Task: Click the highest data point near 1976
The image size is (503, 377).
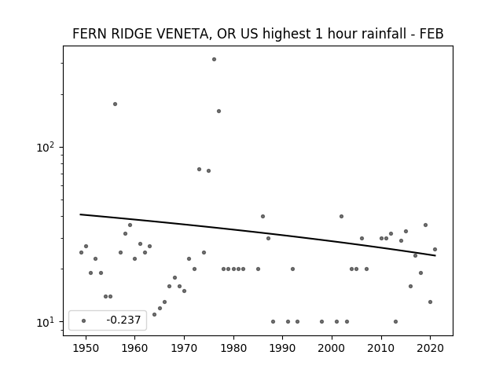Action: (x=214, y=60)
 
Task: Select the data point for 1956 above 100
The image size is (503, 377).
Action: (x=116, y=104)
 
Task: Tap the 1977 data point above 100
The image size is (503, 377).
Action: (x=218, y=112)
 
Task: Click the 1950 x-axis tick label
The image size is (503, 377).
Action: (x=86, y=348)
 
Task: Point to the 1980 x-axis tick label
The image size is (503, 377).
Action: (x=233, y=348)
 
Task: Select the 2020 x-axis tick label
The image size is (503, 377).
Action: (x=431, y=348)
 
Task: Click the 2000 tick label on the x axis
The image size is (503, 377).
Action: (x=332, y=348)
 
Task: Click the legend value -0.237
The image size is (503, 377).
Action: (x=123, y=320)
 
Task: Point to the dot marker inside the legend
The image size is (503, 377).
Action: (x=84, y=320)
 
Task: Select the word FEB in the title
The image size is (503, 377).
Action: (x=431, y=33)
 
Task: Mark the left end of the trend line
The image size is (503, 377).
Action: (x=80, y=214)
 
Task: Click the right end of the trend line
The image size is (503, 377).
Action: (x=435, y=255)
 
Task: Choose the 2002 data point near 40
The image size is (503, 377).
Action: (x=342, y=217)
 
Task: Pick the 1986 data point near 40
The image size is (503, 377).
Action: (x=263, y=217)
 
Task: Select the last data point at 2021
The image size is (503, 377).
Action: (x=435, y=250)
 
